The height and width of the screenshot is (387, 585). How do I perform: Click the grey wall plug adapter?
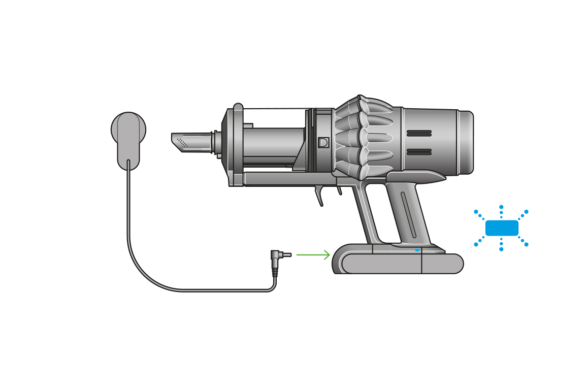point(128,137)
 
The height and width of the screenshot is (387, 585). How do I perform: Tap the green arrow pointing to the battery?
point(313,254)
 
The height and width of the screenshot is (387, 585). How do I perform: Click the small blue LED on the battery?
point(417,250)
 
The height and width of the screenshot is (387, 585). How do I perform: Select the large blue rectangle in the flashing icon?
point(502,228)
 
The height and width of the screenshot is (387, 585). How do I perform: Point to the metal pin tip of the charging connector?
point(287,254)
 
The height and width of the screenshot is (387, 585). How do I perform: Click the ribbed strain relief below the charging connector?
point(275,272)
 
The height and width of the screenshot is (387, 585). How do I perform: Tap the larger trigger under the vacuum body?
point(319,196)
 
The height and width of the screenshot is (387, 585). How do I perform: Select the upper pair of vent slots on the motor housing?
point(419,133)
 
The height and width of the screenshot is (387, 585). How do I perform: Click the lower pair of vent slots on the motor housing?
point(419,151)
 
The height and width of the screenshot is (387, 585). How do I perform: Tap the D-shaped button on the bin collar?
point(323,142)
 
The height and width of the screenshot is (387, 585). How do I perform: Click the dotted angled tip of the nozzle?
point(182,142)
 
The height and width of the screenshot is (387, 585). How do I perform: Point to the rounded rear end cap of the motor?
point(466,143)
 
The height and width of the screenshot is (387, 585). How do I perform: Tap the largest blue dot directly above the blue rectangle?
point(501,207)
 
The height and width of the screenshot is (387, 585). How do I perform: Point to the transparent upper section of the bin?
point(274,118)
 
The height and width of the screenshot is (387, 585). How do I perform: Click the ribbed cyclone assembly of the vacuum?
point(363,138)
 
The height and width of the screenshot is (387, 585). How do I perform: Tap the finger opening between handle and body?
point(379,213)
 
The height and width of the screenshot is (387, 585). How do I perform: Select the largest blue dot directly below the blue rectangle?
point(501,249)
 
